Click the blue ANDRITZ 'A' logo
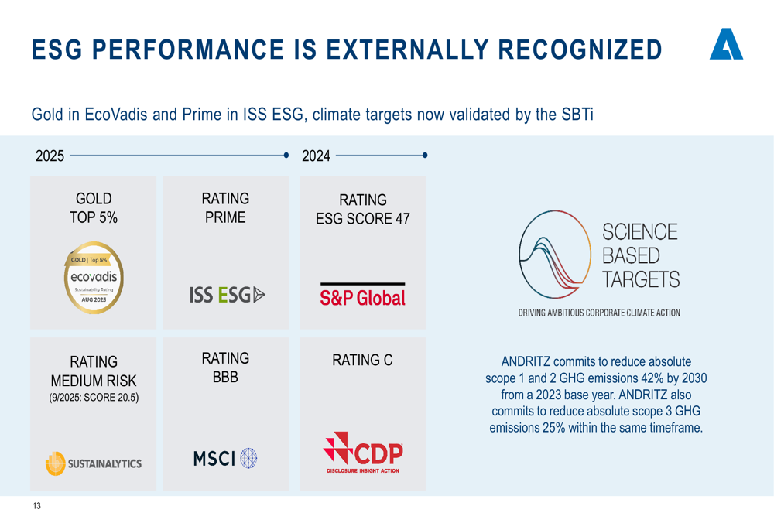pyautogui.click(x=726, y=44)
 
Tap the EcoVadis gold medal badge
pyautogui.click(x=94, y=277)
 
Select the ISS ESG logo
pyautogui.click(x=227, y=295)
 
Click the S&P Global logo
pyautogui.click(x=363, y=295)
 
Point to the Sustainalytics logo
pyautogui.click(x=94, y=463)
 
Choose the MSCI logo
pyautogui.click(x=225, y=459)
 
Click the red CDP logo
pyautogui.click(x=363, y=453)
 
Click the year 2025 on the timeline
pyautogui.click(x=50, y=156)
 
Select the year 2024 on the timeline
pyautogui.click(x=316, y=156)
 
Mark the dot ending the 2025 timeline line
pyautogui.click(x=286, y=155)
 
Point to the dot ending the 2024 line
pyautogui.click(x=425, y=155)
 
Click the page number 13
pyautogui.click(x=36, y=506)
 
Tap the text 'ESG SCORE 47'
pyautogui.click(x=363, y=219)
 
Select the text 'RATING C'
pyautogui.click(x=362, y=361)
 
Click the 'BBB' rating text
pyautogui.click(x=225, y=377)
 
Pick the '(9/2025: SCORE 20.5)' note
pyautogui.click(x=94, y=397)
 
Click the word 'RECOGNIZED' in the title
pyautogui.click(x=580, y=50)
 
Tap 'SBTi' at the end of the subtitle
pyautogui.click(x=577, y=115)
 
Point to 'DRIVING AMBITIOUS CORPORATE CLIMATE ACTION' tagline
pyautogui.click(x=599, y=313)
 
